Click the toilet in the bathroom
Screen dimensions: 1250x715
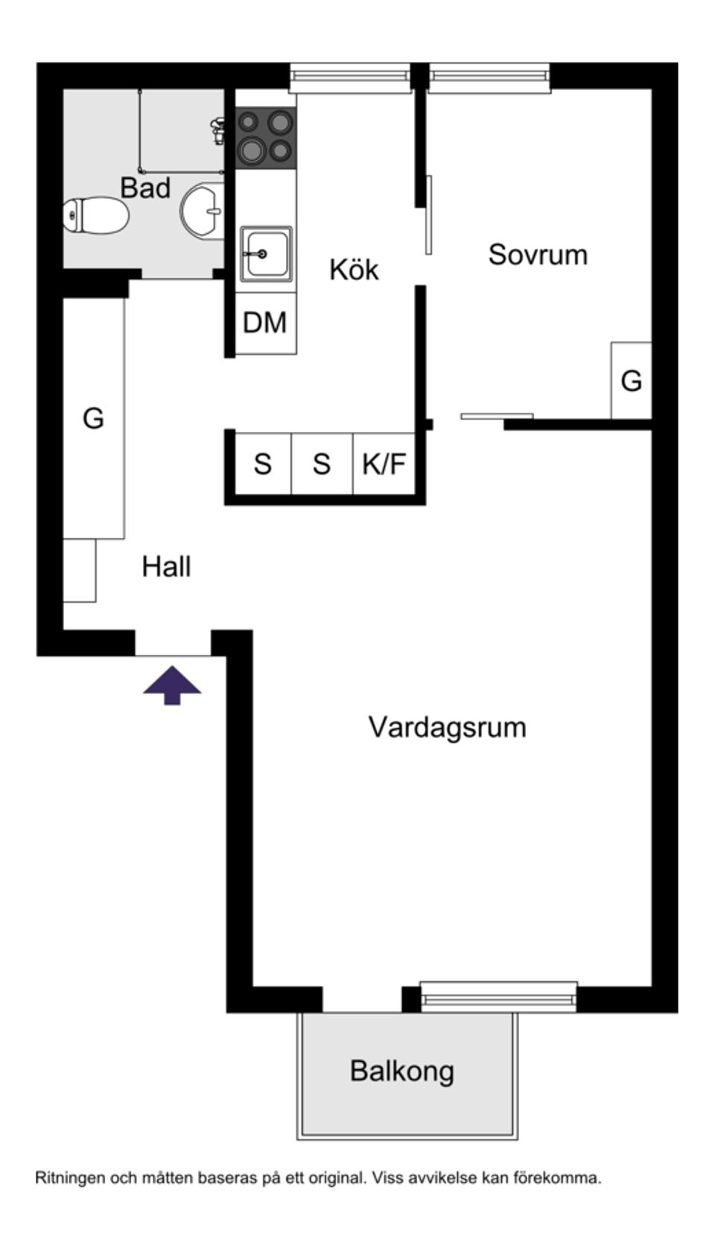point(95,215)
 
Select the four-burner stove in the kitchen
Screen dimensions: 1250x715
point(265,138)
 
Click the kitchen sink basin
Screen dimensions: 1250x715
point(266,254)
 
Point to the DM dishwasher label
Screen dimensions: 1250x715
point(265,323)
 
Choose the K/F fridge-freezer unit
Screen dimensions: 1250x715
point(384,464)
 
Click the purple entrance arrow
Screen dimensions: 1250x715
point(172,684)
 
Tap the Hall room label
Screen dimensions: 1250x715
point(166,567)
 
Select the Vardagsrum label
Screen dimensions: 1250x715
point(447,727)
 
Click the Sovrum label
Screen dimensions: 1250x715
point(538,255)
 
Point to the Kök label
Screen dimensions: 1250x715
point(354,270)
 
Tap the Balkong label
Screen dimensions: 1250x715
point(402,1071)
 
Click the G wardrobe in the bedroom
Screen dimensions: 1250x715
point(631,381)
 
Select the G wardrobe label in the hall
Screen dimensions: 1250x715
point(93,419)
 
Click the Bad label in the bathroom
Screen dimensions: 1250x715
point(145,188)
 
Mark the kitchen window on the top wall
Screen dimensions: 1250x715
point(350,78)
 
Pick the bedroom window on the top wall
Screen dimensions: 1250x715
point(489,78)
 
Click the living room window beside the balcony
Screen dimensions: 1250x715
point(498,997)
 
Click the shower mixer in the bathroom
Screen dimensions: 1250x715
point(217,130)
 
